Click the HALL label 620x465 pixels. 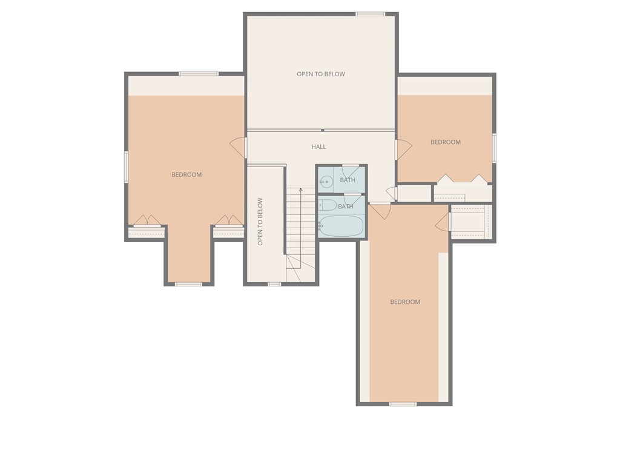pos(318,147)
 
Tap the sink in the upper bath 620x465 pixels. pos(326,180)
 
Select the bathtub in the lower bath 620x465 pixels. pos(341,226)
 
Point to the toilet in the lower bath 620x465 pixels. pos(328,205)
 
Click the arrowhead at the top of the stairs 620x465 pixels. pos(301,191)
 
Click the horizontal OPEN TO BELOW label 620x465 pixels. pos(320,74)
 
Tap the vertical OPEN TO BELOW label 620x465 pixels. pos(260,221)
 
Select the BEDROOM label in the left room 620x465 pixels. pos(186,174)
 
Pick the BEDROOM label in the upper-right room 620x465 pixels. pos(446,142)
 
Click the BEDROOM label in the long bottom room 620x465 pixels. pos(405,302)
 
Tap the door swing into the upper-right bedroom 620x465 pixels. pos(403,149)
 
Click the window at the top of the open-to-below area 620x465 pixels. pos(370,14)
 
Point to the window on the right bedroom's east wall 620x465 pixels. pos(494,148)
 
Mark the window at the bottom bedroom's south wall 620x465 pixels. pos(403,404)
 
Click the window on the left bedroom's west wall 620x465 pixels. pos(126,167)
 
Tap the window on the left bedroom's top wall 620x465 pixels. pos(199,74)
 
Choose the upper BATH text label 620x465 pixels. pos(348,180)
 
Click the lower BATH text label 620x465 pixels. pos(346,206)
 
